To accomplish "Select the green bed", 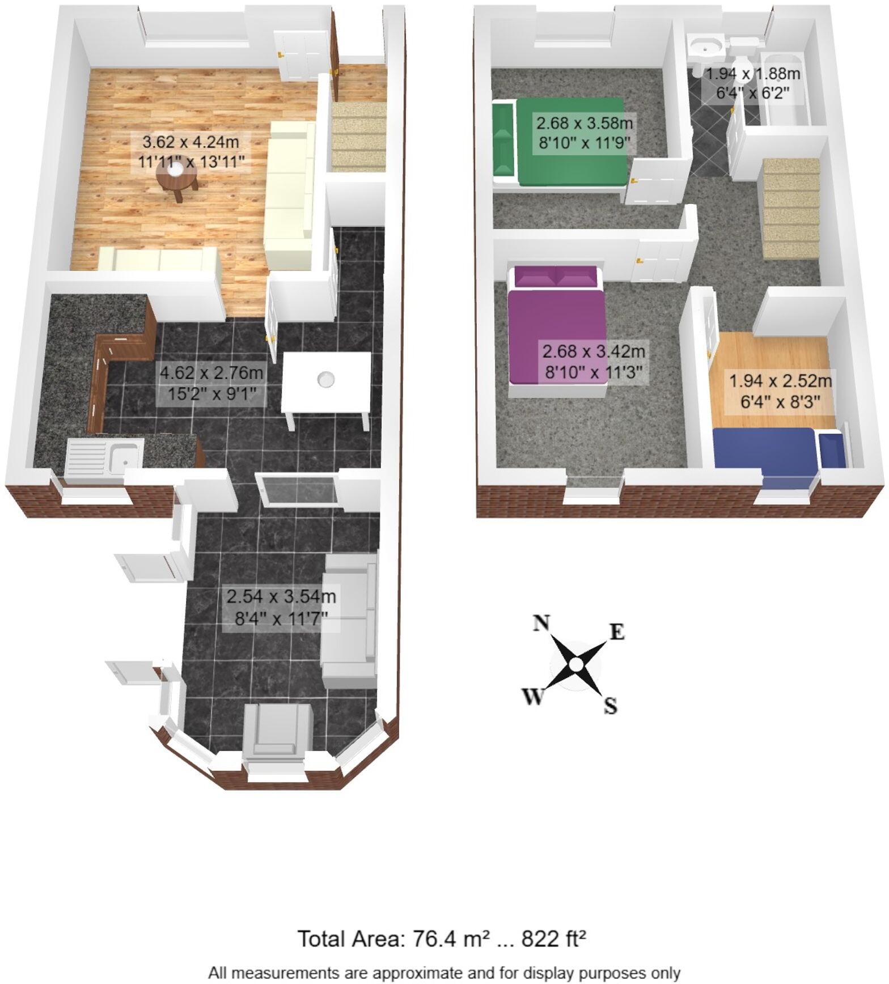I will pyautogui.click(x=561, y=142).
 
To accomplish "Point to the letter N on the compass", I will pyautogui.click(x=541, y=623).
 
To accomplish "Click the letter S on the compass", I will pyautogui.click(x=610, y=706).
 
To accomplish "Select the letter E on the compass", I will pyautogui.click(x=617, y=631).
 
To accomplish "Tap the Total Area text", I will pyautogui.click(x=442, y=939).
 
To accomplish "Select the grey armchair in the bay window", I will pyautogui.click(x=277, y=731).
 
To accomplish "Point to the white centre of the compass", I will pyautogui.click(x=575, y=664).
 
